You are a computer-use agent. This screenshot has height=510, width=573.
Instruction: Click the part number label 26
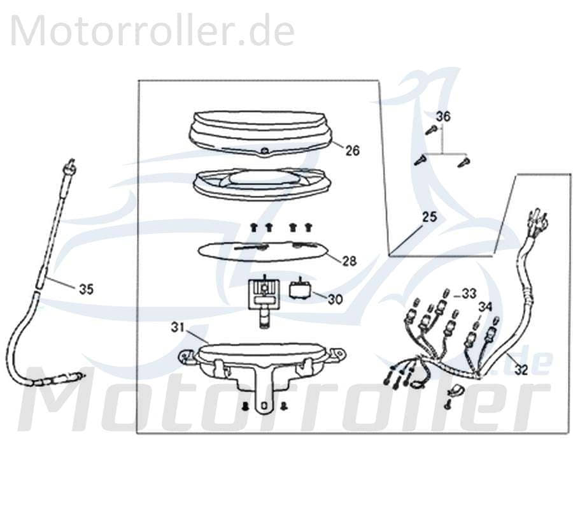353,151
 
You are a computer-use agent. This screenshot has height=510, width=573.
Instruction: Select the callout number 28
349,261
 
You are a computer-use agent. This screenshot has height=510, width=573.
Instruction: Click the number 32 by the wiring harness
521,370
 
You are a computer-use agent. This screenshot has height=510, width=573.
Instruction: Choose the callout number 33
469,293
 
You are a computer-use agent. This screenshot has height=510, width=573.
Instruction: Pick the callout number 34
486,307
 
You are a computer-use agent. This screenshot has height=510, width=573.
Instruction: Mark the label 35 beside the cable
86,289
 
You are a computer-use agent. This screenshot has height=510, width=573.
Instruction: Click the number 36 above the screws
443,117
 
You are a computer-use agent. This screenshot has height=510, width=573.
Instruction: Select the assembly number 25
430,217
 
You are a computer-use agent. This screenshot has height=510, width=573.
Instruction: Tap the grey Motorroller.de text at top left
152,31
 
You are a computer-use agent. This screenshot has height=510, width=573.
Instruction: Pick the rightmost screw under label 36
463,163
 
